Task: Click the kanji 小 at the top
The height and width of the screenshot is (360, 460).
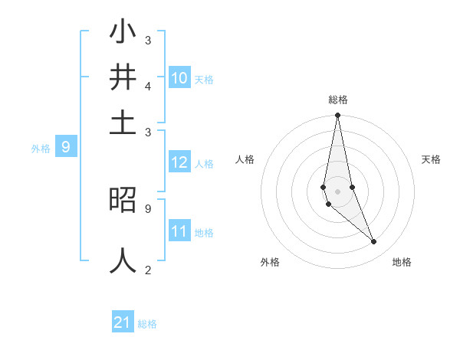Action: click(123, 34)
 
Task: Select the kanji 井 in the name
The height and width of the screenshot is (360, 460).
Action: click(123, 78)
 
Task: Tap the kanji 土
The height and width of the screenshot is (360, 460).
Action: click(123, 123)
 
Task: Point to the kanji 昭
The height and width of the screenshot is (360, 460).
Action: click(123, 201)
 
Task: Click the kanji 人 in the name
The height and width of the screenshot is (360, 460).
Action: click(123, 260)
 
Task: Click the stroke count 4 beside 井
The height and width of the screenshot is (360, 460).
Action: click(148, 87)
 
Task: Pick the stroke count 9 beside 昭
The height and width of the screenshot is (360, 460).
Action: click(148, 208)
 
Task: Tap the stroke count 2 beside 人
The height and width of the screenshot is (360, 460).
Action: click(148, 269)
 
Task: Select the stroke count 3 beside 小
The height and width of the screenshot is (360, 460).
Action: click(148, 40)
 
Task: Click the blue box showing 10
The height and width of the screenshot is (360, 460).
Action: click(179, 78)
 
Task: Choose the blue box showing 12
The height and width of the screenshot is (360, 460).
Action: click(179, 162)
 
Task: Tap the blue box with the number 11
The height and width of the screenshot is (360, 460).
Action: click(179, 231)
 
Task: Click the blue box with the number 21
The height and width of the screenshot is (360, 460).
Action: click(123, 322)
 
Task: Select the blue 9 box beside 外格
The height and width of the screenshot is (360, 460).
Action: click(66, 147)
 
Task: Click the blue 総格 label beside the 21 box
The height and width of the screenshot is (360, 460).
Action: click(147, 324)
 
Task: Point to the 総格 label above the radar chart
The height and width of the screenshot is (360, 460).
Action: click(338, 100)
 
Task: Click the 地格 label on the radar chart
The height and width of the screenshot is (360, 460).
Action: click(402, 263)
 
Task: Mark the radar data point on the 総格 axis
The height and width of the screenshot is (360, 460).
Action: click(337, 116)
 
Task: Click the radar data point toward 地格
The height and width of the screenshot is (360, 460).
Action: click(374, 242)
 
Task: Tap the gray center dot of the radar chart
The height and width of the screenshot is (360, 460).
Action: click(337, 191)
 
